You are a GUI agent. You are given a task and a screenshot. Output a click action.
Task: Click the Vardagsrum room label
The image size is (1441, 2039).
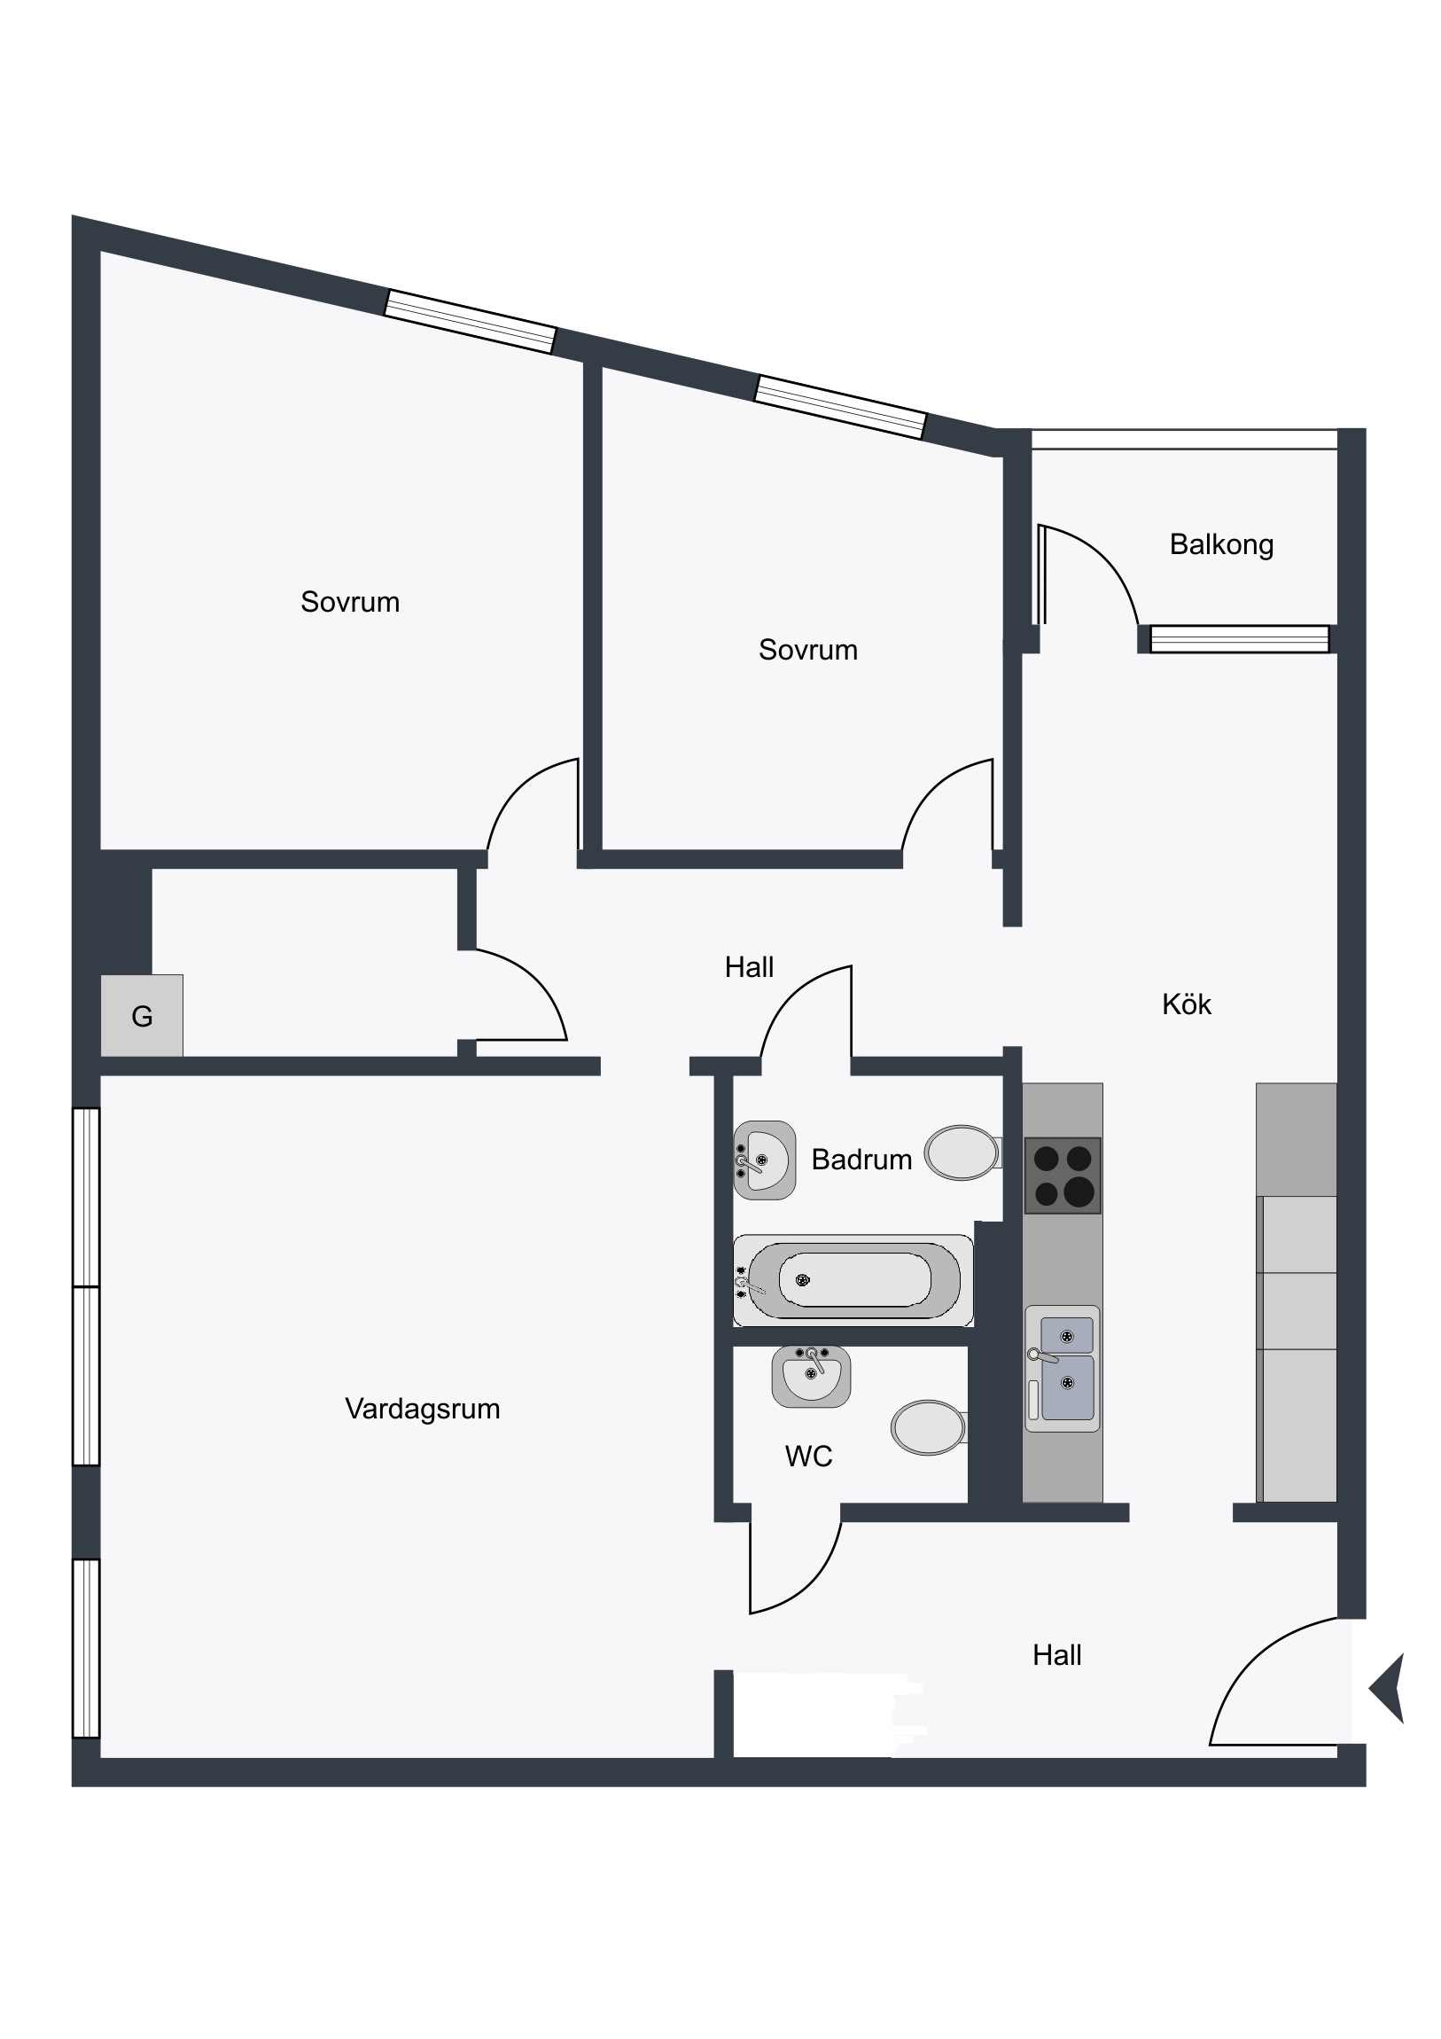[422, 1410]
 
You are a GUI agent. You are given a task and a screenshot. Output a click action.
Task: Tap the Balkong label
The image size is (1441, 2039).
[1221, 544]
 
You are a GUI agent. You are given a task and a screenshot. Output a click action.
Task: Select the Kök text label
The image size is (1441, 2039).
[1186, 1004]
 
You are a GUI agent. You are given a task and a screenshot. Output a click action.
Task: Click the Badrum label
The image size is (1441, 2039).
[861, 1160]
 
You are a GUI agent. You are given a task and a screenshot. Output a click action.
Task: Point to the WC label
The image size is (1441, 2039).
[808, 1457]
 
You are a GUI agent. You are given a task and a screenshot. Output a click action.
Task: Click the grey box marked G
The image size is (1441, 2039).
[142, 1016]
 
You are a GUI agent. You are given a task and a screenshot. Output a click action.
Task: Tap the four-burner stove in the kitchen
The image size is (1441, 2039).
[1063, 1176]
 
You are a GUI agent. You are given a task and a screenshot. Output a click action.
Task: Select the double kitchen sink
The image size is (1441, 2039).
[1063, 1369]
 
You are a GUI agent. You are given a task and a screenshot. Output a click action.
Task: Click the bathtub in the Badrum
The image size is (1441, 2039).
[853, 1280]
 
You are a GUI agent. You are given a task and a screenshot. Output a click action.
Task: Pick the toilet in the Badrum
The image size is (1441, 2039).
[963, 1152]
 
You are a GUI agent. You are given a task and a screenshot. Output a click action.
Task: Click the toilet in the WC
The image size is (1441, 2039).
[930, 1427]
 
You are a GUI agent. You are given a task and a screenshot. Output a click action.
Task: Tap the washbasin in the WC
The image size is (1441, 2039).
[812, 1377]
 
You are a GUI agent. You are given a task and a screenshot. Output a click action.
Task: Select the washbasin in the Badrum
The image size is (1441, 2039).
[765, 1160]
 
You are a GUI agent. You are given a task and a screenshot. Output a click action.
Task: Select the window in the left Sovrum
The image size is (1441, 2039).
[471, 322]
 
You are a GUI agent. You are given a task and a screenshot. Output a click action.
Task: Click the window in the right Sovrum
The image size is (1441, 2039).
[841, 408]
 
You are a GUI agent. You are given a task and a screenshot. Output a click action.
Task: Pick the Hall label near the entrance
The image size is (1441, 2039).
[1056, 1655]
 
